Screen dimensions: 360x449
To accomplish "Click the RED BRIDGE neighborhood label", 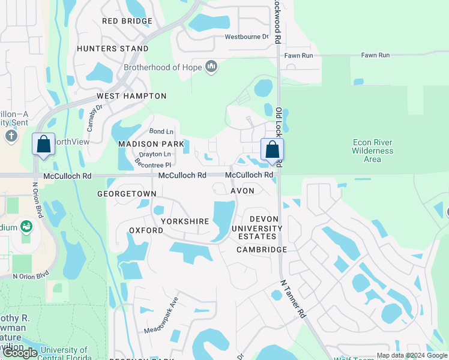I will pyautogui.click(x=127, y=21).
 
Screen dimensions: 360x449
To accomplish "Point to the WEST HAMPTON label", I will pyautogui.click(x=131, y=96).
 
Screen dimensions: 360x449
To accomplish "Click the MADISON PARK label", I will pyautogui.click(x=151, y=144).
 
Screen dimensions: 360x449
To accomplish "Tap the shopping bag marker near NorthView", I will pyautogui.click(x=43, y=145).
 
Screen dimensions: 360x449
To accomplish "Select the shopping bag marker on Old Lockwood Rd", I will pyautogui.click(x=272, y=150).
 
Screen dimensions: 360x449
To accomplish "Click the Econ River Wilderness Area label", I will pyautogui.click(x=372, y=151).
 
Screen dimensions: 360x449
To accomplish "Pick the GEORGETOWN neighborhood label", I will pyautogui.click(x=127, y=194).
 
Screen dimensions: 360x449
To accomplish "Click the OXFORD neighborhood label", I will pyautogui.click(x=146, y=230).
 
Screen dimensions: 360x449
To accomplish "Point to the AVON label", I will pyautogui.click(x=243, y=191).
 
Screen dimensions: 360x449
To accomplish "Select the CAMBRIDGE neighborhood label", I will pyautogui.click(x=261, y=250).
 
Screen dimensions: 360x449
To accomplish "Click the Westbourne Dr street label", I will pyautogui.click(x=246, y=36).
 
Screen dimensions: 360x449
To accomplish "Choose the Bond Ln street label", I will pyautogui.click(x=161, y=131).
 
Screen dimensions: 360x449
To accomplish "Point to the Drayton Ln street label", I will pyautogui.click(x=154, y=155).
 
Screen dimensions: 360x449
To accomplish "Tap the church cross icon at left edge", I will pyautogui.click(x=11, y=136).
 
